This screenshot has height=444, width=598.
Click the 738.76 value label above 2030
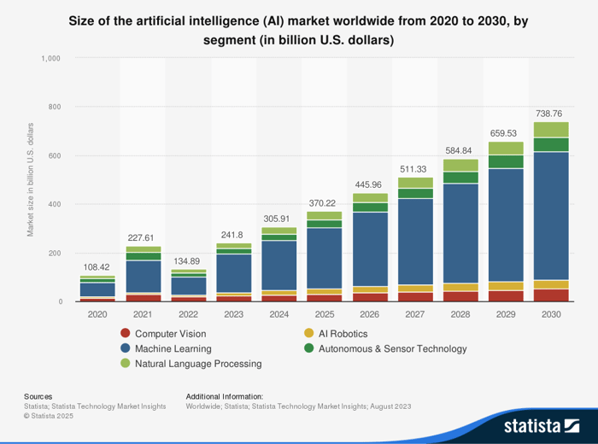tap(551, 113)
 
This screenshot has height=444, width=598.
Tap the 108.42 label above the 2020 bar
tap(97, 266)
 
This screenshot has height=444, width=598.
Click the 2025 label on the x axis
tap(325, 313)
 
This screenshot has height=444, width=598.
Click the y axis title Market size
tap(31, 180)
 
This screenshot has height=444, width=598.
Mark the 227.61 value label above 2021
tap(143, 238)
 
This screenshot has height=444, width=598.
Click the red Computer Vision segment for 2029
tap(506, 296)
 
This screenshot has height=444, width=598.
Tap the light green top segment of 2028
tap(460, 166)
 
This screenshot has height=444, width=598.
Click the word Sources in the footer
tap(38, 396)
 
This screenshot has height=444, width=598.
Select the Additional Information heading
tap(224, 396)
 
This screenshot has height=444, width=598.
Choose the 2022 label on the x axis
tap(188, 313)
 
